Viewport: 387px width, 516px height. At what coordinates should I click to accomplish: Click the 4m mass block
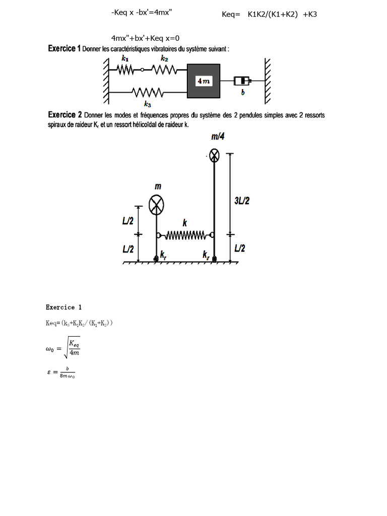(x=204, y=81)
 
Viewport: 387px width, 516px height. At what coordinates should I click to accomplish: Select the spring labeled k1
(x=125, y=70)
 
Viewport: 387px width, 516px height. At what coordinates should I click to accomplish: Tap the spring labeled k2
(x=164, y=70)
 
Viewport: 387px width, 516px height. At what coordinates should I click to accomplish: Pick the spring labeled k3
(x=147, y=92)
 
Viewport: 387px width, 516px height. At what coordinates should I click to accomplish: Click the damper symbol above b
(x=242, y=81)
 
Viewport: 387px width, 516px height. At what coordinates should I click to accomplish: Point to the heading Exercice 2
(x=65, y=114)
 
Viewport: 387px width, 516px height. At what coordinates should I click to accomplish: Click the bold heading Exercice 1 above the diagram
(x=64, y=48)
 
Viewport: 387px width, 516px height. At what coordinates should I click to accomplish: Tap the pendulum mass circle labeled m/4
(x=214, y=155)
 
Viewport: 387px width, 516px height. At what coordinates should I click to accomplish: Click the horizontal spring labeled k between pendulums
(x=185, y=235)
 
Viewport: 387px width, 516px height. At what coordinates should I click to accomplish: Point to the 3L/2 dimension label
(x=242, y=201)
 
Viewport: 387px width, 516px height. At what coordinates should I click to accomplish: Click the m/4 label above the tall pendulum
(x=218, y=137)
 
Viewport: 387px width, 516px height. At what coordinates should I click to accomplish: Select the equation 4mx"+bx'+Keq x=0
(x=145, y=38)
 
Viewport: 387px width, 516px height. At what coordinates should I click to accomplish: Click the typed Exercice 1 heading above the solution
(x=63, y=307)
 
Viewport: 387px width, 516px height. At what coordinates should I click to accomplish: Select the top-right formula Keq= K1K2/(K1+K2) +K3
(x=269, y=14)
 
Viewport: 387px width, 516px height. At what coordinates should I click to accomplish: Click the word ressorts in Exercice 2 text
(x=313, y=115)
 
